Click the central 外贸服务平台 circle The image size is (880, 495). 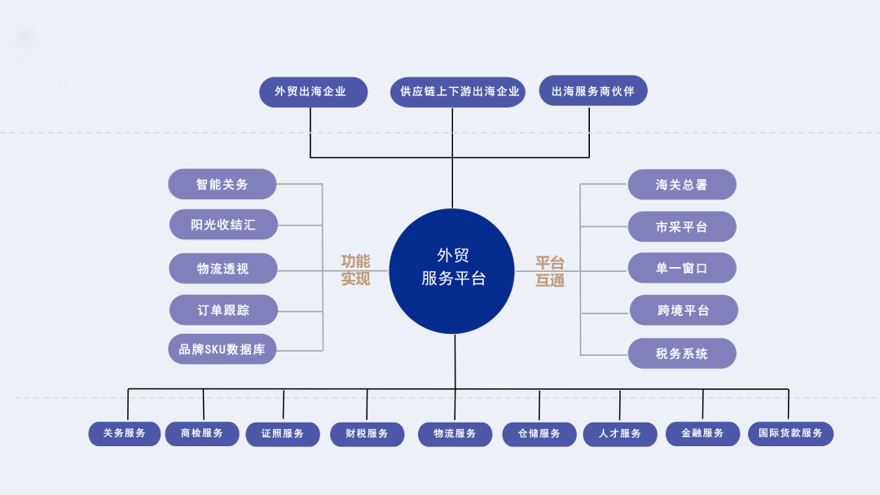[x=451, y=271]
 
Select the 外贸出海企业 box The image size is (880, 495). [x=313, y=92]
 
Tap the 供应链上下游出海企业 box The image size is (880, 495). [x=458, y=92]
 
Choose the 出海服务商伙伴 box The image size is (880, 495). [x=593, y=91]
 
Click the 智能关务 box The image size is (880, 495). [x=222, y=184]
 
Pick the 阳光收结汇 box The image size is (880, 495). [x=223, y=225]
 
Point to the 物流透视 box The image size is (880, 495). [x=222, y=269]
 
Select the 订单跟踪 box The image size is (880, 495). [x=223, y=310]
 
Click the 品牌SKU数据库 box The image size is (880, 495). [x=222, y=349]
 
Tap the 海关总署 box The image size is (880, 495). [x=682, y=185]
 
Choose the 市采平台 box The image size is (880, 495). [x=682, y=226]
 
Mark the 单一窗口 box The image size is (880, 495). [x=682, y=268]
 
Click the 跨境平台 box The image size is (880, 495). [x=684, y=310]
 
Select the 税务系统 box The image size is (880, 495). [x=682, y=353]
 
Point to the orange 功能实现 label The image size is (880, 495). [x=355, y=269]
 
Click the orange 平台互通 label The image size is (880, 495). [x=549, y=271]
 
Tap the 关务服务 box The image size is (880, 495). [x=125, y=434]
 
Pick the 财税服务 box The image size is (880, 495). [x=367, y=435]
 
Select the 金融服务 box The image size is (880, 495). [x=702, y=434]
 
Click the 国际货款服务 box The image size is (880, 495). [x=790, y=434]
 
